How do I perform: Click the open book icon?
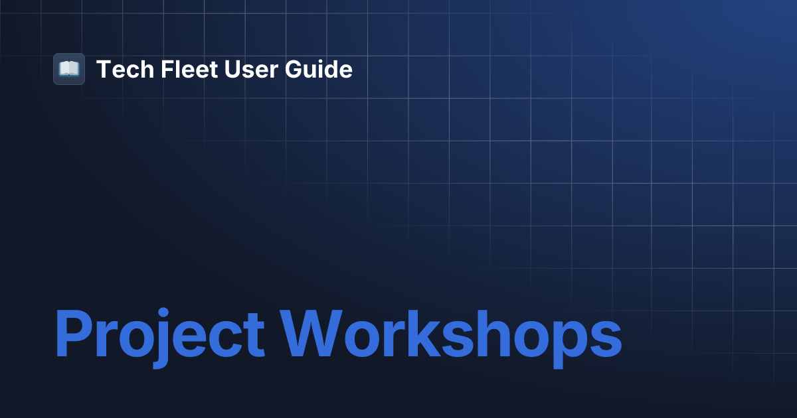pyautogui.click(x=69, y=69)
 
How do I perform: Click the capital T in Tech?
pyautogui.click(x=104, y=69)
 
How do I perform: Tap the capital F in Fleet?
pyautogui.click(x=167, y=69)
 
